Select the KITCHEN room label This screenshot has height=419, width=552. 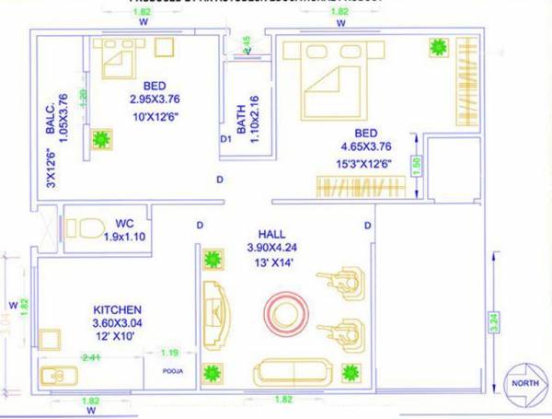tap(117, 309)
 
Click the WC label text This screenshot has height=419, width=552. tap(125, 223)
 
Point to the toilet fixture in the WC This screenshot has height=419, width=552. tap(88, 227)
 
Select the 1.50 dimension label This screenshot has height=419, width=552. tap(416, 166)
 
